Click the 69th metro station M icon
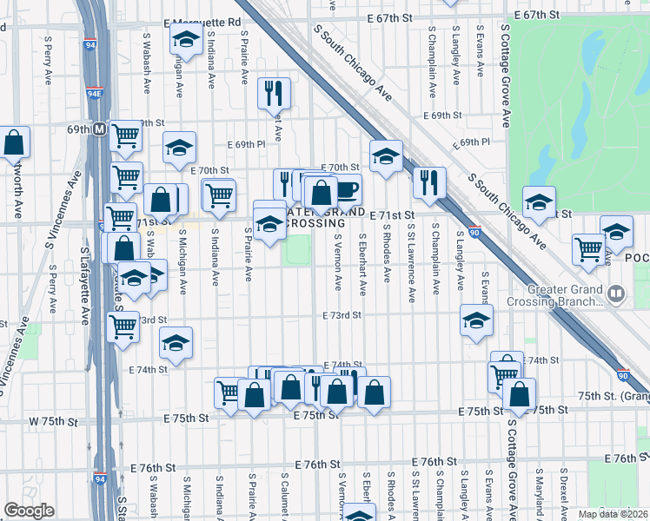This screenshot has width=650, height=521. point(99,129)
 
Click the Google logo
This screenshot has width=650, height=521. point(29,511)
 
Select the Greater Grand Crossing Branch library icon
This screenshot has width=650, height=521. point(616,293)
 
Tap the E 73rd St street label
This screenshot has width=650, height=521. point(341,316)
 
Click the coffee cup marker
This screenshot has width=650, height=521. point(347,188)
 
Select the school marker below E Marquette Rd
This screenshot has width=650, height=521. point(187,40)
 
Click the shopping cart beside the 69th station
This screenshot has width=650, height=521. point(126,135)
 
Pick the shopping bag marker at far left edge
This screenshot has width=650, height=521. point(14,142)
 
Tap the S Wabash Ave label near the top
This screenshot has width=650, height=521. point(147,64)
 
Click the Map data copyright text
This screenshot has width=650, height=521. point(613,514)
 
